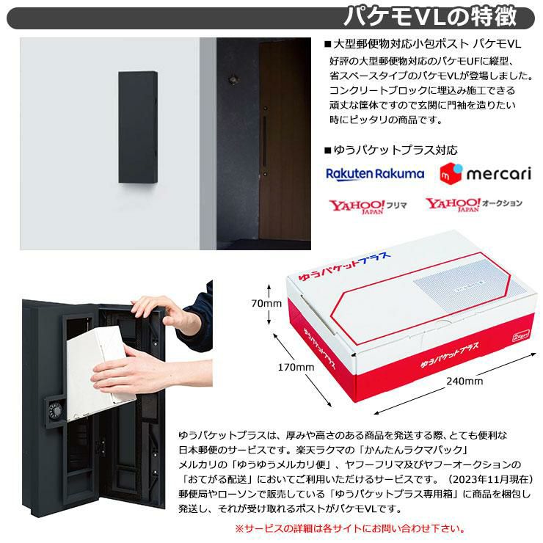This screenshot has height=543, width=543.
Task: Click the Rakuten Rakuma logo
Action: click(x=375, y=174)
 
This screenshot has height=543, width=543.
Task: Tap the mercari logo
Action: click(x=485, y=173)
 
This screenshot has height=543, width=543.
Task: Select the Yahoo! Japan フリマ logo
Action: click(x=368, y=206)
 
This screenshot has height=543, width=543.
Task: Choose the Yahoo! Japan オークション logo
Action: click(x=474, y=204)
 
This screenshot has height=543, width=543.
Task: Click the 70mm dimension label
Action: click(x=266, y=303)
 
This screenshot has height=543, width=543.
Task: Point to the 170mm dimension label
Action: click(x=296, y=367)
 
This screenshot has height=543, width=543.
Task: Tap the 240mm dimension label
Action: click(x=464, y=381)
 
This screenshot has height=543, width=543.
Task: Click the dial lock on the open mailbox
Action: click(x=56, y=411)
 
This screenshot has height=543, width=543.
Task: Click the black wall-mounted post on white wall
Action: click(x=138, y=127)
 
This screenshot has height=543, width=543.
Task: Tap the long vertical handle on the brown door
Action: click(x=265, y=142)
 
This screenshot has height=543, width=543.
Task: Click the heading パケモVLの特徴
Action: click(x=431, y=17)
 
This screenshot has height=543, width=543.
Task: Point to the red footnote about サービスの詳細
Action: click(x=350, y=529)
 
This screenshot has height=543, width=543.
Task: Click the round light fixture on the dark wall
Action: click(x=233, y=80)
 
